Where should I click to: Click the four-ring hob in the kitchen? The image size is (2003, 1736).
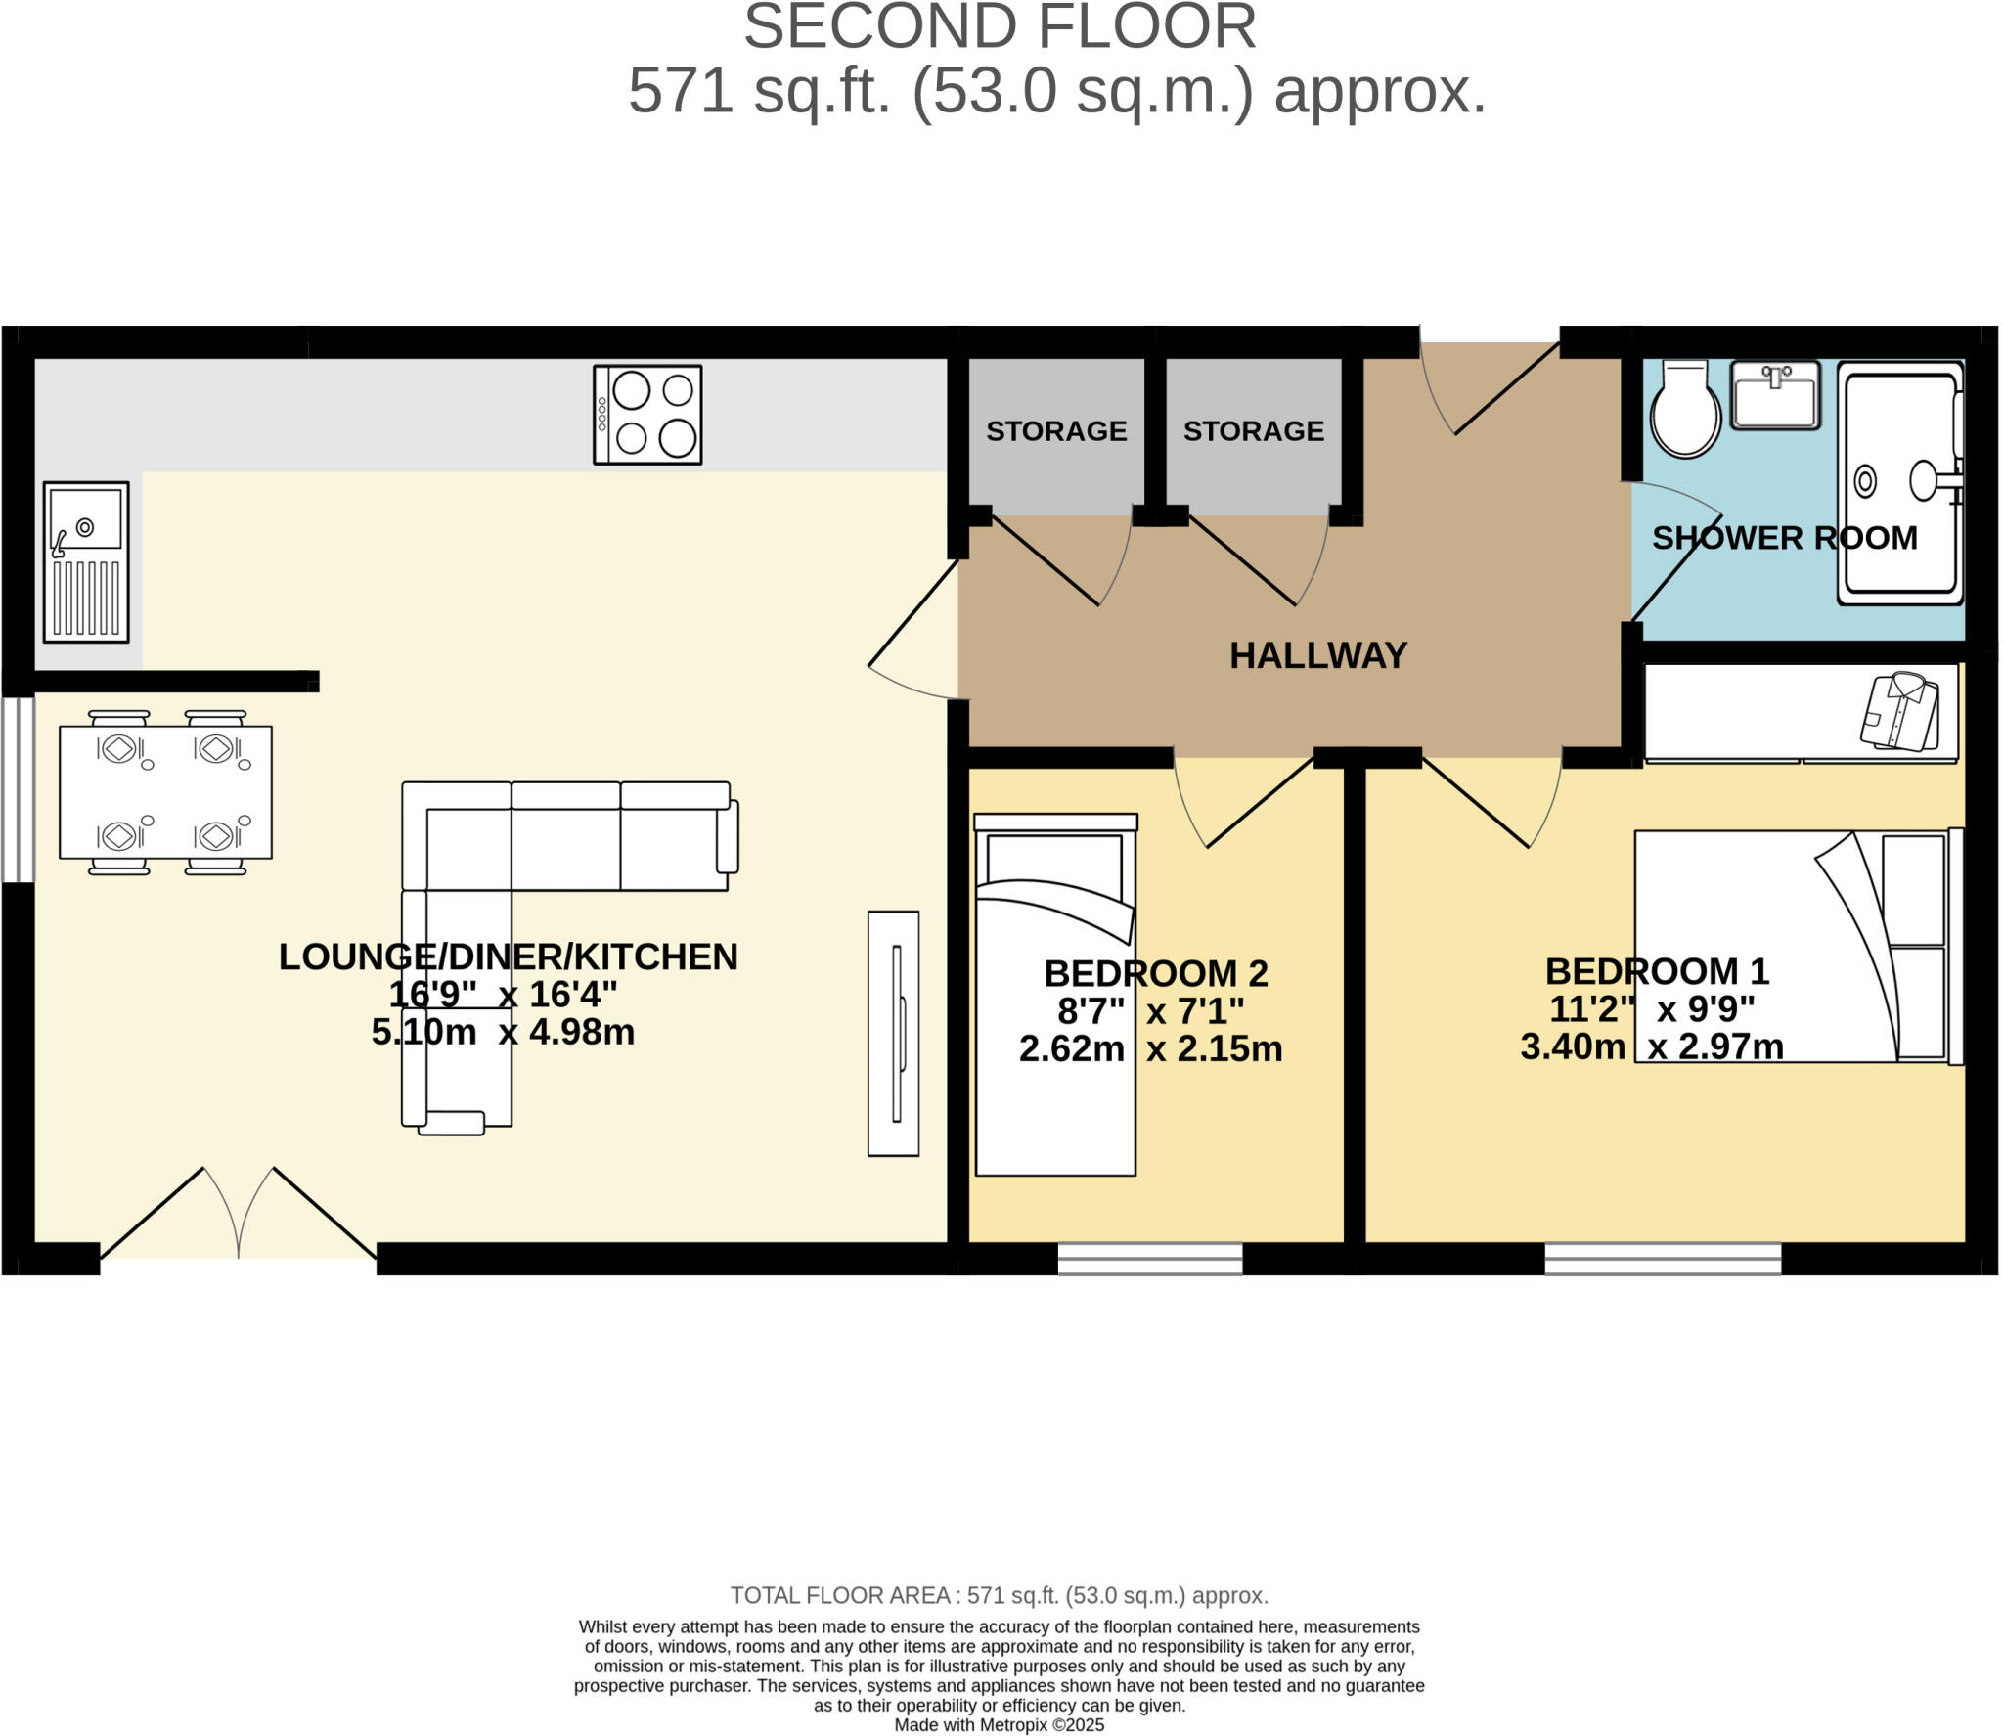647,415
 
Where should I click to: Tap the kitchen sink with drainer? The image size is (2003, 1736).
86,561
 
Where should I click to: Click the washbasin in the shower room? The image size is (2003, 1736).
1775,394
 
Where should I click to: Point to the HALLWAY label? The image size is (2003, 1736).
1317,655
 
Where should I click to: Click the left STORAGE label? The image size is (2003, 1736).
1056,431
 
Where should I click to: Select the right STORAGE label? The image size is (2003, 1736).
1253,431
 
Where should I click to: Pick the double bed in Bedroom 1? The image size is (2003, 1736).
1790,947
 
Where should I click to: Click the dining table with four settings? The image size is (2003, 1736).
165,792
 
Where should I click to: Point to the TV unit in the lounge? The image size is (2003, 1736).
893,1034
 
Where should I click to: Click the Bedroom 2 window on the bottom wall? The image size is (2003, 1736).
1150,1260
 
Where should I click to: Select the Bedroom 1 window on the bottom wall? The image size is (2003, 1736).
1663,1260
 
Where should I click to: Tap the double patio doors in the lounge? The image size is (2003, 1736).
239,1218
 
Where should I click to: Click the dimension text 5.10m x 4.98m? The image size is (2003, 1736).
503,1033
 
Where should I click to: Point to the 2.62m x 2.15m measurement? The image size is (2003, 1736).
1150,1049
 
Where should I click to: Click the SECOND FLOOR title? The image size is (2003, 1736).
1000,27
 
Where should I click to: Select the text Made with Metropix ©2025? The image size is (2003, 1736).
999,1725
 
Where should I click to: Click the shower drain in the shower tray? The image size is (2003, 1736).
1865,481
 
